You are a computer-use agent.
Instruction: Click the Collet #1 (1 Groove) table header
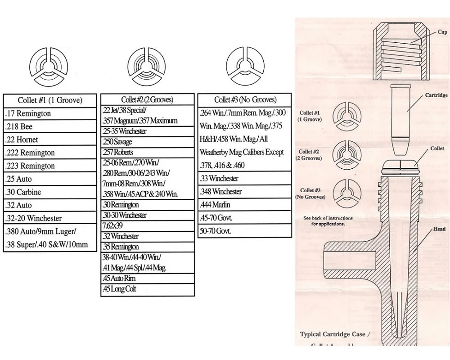click(x=50, y=100)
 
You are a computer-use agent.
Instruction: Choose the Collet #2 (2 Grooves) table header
click(x=147, y=99)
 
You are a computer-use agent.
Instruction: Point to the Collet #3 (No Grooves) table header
click(x=245, y=99)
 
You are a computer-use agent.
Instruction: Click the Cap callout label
click(x=442, y=32)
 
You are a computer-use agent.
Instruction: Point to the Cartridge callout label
click(x=436, y=95)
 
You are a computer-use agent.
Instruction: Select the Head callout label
click(x=439, y=229)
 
